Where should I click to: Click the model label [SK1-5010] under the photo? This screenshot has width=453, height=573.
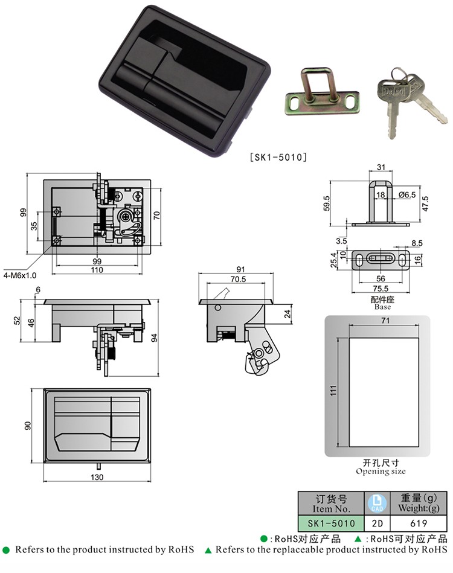(278, 157)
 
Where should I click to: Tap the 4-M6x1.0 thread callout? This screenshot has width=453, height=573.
(20, 275)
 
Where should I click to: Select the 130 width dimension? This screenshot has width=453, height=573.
(97, 477)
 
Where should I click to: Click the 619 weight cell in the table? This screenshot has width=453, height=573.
(418, 523)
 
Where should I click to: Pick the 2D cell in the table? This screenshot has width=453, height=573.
(377, 523)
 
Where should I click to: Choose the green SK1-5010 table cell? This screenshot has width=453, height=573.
(331, 523)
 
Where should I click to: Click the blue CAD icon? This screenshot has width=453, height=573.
(377, 504)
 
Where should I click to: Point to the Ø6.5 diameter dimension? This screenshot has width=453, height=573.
(407, 195)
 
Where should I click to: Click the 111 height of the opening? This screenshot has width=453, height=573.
(333, 391)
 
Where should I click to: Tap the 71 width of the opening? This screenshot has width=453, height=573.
(385, 321)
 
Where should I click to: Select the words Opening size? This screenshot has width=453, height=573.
(381, 472)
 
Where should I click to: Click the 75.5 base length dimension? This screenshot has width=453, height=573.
(381, 289)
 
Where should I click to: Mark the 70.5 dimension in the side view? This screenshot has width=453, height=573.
(238, 279)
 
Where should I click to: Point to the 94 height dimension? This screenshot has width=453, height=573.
(154, 338)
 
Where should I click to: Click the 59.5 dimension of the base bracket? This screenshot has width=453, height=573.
(327, 203)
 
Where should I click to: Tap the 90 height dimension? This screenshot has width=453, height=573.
(28, 426)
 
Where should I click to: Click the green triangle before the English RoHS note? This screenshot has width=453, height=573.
(208, 550)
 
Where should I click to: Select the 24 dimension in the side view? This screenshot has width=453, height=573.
(288, 314)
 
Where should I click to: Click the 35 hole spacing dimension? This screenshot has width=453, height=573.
(34, 226)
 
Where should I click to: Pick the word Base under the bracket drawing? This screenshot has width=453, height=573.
(382, 307)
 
